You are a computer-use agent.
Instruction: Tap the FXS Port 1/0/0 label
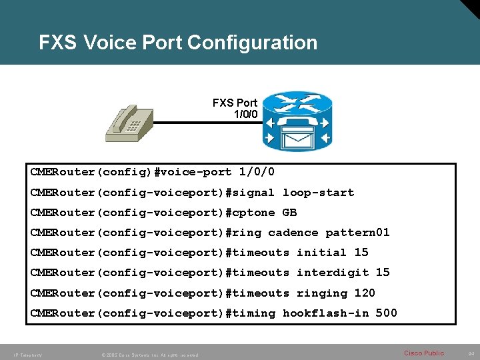(x=235, y=108)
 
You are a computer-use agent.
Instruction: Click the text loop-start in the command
(x=318, y=193)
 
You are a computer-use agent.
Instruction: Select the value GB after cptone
(x=289, y=213)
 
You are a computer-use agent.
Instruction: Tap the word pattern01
(x=357, y=233)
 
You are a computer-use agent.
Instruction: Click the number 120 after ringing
(x=365, y=293)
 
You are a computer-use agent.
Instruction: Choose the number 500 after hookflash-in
(x=387, y=313)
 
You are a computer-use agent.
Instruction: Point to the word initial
(x=321, y=253)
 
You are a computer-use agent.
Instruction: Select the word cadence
(x=293, y=233)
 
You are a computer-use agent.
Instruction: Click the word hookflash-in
(x=325, y=313)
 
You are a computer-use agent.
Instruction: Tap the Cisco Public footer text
(x=424, y=353)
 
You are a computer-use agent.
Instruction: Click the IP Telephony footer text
(x=27, y=355)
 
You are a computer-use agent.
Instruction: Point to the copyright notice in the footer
(x=149, y=355)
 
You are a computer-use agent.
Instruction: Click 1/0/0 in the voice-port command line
(x=257, y=172)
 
